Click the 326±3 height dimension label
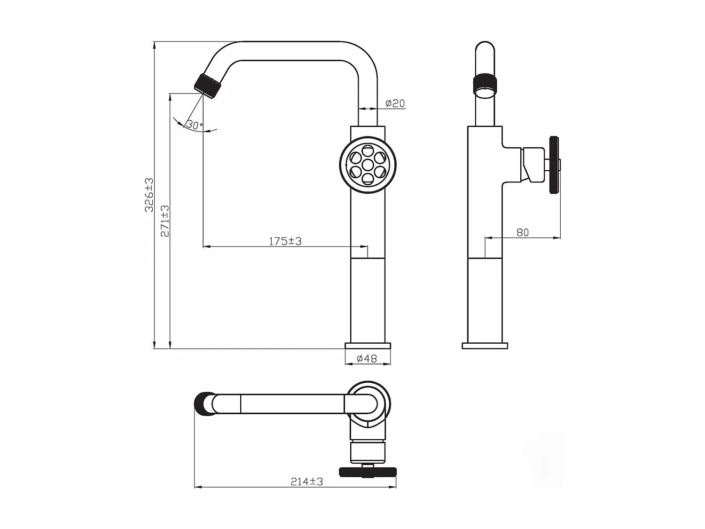(149, 195)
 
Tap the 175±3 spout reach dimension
(285, 241)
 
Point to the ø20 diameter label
(395, 103)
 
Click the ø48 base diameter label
(367, 358)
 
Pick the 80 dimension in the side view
(523, 232)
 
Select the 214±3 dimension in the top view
(306, 482)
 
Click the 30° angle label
(193, 125)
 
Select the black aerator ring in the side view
(485, 83)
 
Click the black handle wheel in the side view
(554, 165)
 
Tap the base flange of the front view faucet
(368, 346)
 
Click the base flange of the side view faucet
(485, 346)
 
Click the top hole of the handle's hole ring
(368, 151)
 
